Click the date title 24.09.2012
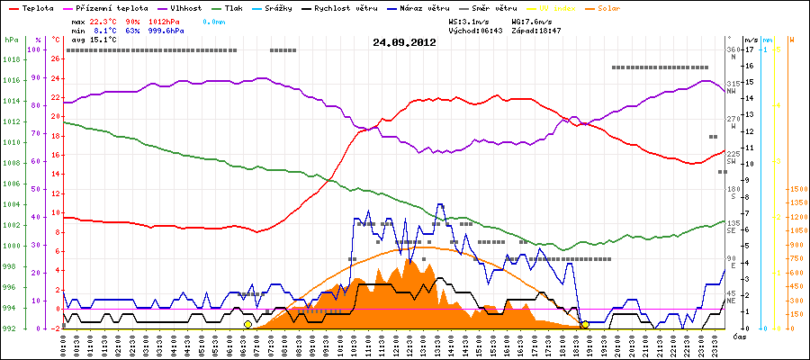click(404, 42)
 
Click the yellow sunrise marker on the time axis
click(247, 324)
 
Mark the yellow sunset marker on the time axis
click(584, 324)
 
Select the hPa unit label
click(10, 40)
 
